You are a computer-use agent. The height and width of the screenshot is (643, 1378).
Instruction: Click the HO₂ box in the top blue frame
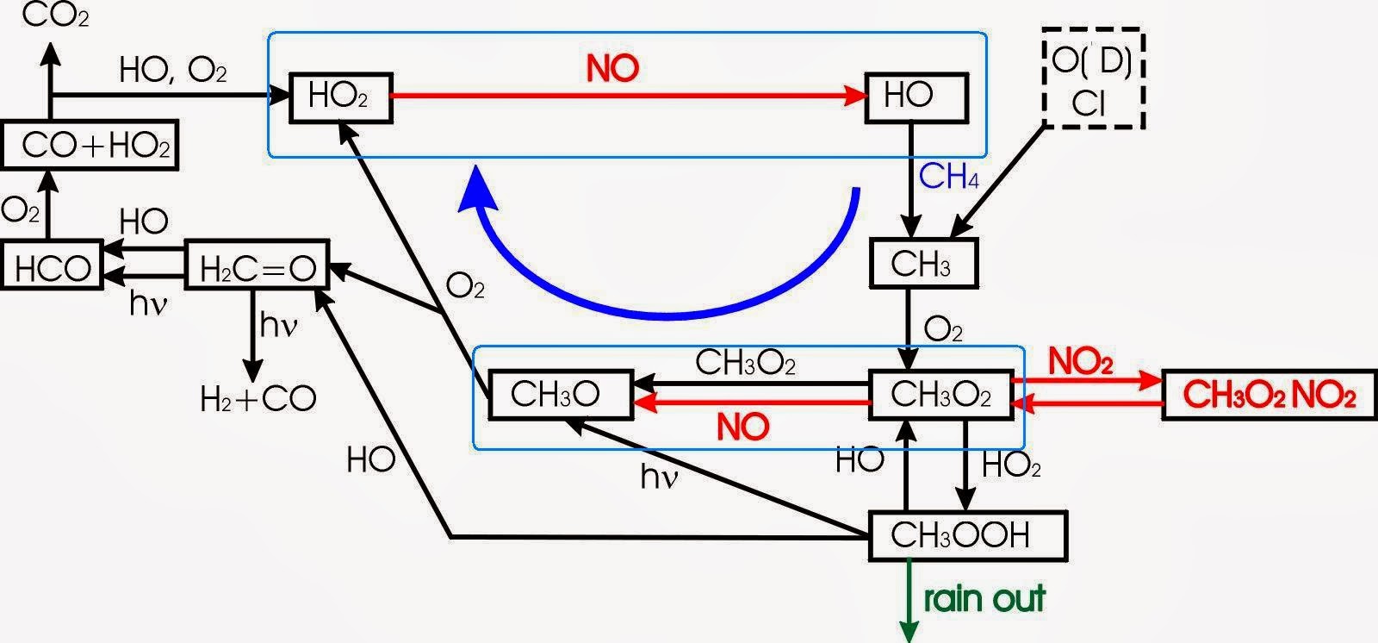(x=338, y=96)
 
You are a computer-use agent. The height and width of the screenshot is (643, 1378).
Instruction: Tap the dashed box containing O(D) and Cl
(x=1092, y=78)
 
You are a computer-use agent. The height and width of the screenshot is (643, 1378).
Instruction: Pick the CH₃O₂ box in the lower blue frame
(x=940, y=396)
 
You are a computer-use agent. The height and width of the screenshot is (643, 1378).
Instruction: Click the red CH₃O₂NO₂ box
(x=1269, y=396)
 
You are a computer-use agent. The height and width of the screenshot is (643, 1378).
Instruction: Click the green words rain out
(x=984, y=597)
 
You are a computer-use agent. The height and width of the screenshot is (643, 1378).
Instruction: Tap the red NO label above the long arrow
(x=612, y=69)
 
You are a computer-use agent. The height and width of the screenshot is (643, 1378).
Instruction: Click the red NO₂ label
(x=1080, y=362)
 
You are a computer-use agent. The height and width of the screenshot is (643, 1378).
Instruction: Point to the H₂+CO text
(x=258, y=398)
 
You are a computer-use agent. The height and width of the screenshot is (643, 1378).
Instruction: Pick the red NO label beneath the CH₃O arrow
(x=742, y=427)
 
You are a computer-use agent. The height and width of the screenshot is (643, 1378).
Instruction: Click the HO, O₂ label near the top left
(x=172, y=71)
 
